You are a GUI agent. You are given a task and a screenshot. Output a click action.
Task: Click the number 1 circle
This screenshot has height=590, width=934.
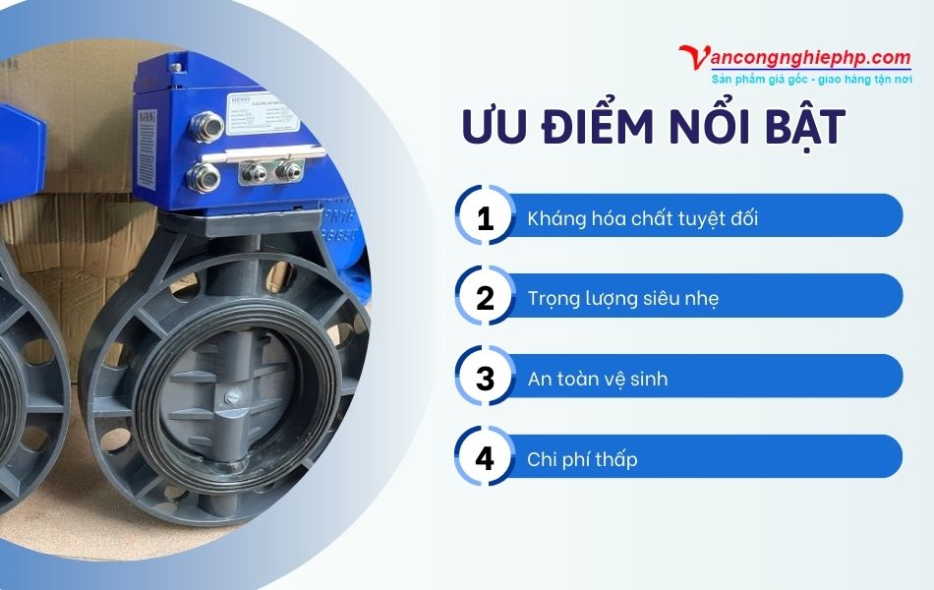tap(485, 216)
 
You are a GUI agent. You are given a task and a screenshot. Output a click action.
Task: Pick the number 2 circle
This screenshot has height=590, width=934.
tap(485, 296)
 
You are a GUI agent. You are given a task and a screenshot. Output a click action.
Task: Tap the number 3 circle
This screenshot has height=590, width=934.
tap(485, 377)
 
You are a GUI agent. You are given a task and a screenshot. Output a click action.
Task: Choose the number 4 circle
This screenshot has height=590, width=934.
tap(485, 457)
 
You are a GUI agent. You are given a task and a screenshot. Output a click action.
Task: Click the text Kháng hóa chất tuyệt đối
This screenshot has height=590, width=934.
tap(642, 217)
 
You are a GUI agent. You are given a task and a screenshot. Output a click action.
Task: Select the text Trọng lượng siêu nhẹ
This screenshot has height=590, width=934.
tap(622, 297)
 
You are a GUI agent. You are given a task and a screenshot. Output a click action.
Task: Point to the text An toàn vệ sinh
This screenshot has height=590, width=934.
tap(597, 378)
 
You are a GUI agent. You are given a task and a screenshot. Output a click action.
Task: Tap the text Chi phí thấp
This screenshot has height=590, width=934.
tap(582, 458)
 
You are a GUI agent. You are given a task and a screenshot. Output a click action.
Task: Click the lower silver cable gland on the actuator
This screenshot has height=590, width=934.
tap(205, 178)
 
